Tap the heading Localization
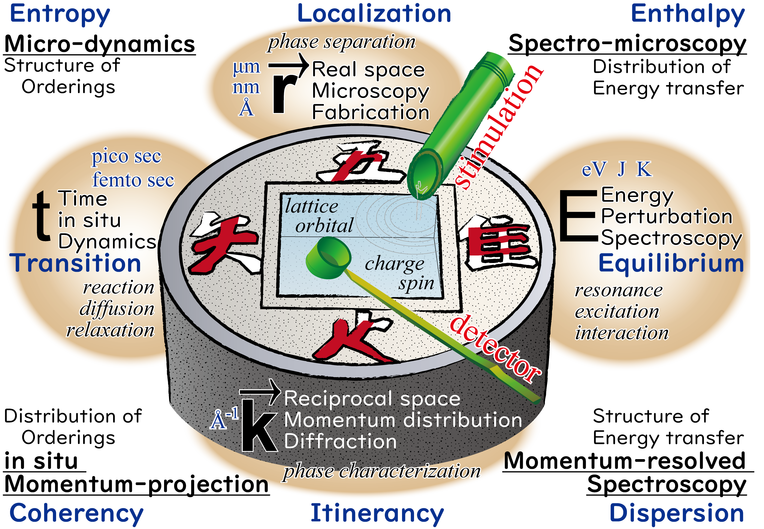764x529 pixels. [374, 14]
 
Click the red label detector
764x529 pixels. [495, 348]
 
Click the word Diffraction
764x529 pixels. [340, 442]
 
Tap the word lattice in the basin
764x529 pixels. [311, 206]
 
